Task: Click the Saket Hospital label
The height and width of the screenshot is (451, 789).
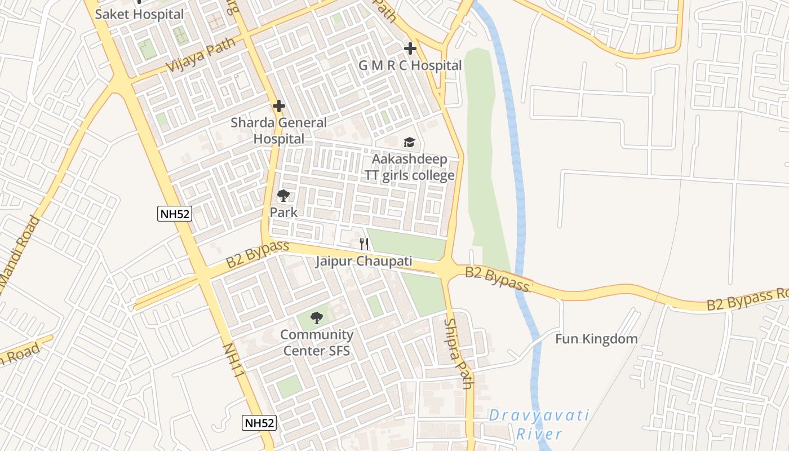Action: click(x=139, y=14)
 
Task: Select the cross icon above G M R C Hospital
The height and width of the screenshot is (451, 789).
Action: click(x=410, y=48)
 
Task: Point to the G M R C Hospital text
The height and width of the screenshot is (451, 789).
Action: click(x=410, y=65)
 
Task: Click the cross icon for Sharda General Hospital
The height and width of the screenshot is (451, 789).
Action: click(x=278, y=106)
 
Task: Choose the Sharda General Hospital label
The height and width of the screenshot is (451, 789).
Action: click(x=278, y=130)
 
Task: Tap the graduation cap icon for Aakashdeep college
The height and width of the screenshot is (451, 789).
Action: click(x=409, y=142)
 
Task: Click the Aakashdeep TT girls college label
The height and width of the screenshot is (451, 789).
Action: click(x=409, y=167)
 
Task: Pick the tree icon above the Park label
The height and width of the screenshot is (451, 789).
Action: click(x=283, y=196)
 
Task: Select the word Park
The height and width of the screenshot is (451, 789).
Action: click(x=283, y=213)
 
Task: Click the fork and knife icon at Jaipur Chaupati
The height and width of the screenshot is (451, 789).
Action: click(x=364, y=244)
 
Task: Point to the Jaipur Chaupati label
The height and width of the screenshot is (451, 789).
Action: click(x=364, y=262)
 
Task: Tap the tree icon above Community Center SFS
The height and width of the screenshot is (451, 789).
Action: click(x=317, y=318)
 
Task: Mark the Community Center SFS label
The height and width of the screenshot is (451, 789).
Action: click(x=317, y=343)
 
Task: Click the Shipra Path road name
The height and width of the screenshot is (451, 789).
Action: click(x=458, y=353)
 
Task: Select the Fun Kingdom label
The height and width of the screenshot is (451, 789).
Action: click(x=596, y=339)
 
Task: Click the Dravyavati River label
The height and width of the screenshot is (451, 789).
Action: click(x=539, y=425)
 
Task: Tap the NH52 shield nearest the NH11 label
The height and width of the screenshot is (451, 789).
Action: click(x=259, y=423)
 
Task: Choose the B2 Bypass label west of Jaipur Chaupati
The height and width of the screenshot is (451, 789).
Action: click(x=258, y=254)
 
